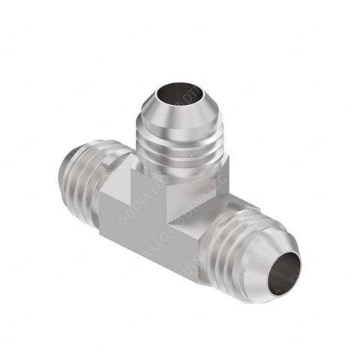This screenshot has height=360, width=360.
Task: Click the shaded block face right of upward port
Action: [206, 180]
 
